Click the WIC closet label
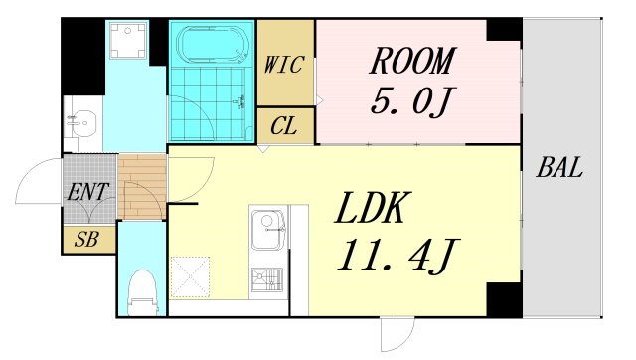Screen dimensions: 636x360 pos(284,65)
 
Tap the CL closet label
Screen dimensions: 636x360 pos(284,126)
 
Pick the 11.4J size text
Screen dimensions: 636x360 pos(398,255)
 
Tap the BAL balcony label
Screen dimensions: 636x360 pos(559,167)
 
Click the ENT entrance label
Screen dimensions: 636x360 pos(88,192)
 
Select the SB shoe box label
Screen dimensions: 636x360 pos(86,239)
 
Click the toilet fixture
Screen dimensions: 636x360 pos(142,292)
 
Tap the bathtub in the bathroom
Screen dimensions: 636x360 pos(212,44)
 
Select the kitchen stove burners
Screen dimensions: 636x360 pos(267,279)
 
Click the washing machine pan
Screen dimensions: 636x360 pos(128,41)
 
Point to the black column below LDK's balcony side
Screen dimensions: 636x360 pos(504,299)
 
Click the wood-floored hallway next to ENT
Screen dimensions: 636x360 pos(142,187)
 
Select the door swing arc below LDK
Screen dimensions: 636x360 pos(397,335)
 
